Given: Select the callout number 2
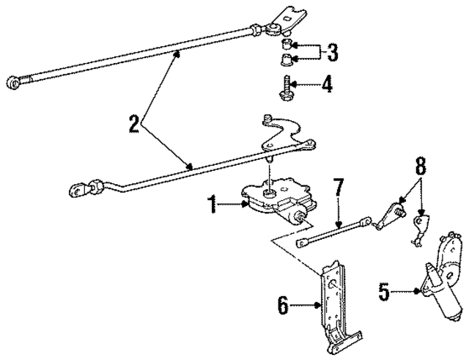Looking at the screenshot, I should coord(133,122).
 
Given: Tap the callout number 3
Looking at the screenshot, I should coord(333,53).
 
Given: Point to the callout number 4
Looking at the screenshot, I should coord(328,86).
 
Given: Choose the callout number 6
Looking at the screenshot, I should coord(283,304).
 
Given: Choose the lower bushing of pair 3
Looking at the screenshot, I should coord(287,59).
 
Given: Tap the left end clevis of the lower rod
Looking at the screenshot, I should coord(77,192).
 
